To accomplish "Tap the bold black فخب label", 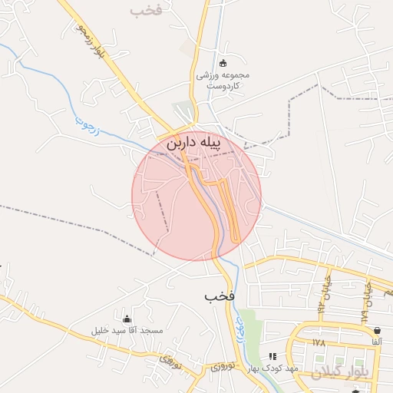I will coord(220,296).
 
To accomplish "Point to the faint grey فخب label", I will coord(148,10).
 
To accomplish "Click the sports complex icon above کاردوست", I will coord(223,63).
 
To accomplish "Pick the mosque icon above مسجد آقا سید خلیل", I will coord(127,319).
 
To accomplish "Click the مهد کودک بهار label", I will coord(271,369).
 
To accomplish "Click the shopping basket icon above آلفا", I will coord(377,330).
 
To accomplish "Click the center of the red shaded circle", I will coord(196,196).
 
